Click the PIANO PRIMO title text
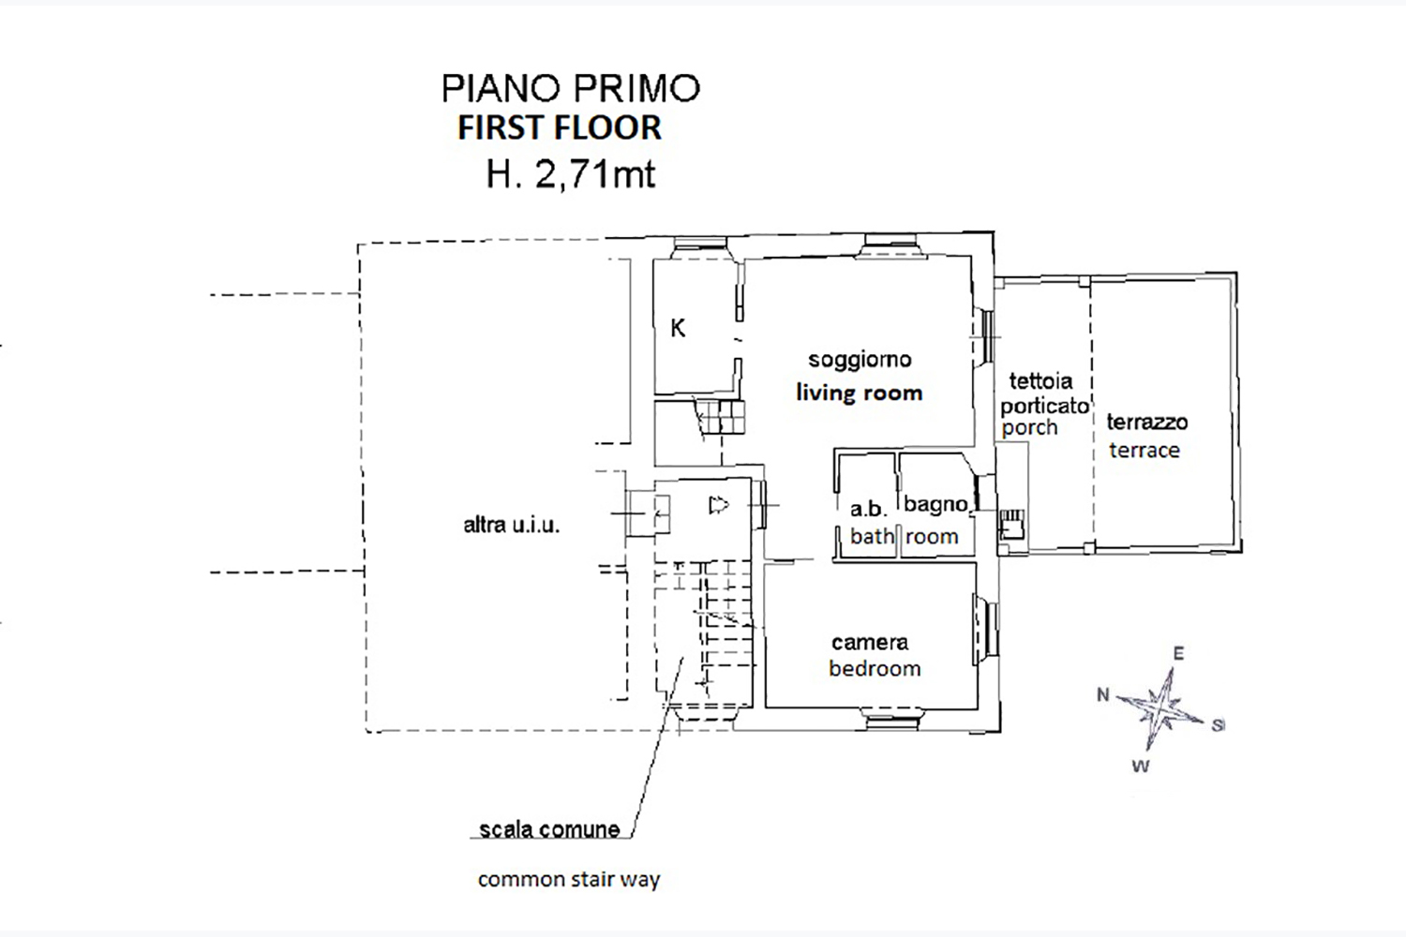click(x=571, y=88)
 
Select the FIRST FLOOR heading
click(x=560, y=127)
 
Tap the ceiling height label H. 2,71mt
click(x=570, y=174)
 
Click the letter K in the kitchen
click(x=678, y=328)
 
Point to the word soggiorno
click(x=860, y=360)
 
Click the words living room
click(x=860, y=393)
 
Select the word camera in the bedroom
click(x=870, y=643)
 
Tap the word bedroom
click(x=875, y=669)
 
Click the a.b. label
click(x=868, y=509)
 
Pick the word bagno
click(x=935, y=505)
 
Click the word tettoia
click(x=1040, y=381)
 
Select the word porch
click(x=1029, y=428)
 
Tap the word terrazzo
click(x=1146, y=423)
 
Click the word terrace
click(x=1144, y=451)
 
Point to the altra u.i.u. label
click(x=511, y=526)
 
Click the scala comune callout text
click(x=549, y=829)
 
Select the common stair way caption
click(x=569, y=880)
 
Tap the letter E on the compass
click(x=1178, y=654)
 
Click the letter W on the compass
click(x=1140, y=766)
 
